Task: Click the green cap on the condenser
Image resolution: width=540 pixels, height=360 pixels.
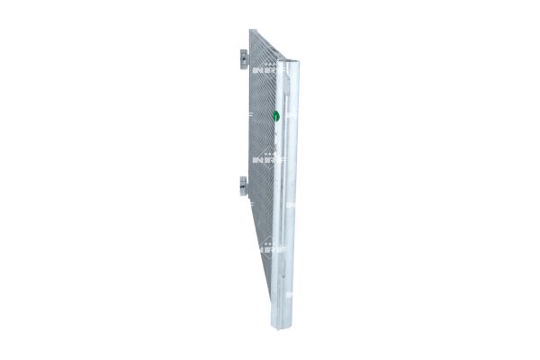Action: tap(276, 115)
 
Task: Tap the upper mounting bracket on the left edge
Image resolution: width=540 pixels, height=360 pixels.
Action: tap(244, 57)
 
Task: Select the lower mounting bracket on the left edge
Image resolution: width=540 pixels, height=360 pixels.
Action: tap(244, 185)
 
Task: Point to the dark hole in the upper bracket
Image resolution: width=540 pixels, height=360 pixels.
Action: tap(243, 57)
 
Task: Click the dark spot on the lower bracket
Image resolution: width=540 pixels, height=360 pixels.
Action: tap(243, 186)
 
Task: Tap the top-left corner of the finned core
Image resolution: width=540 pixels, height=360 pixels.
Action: tap(251, 31)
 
